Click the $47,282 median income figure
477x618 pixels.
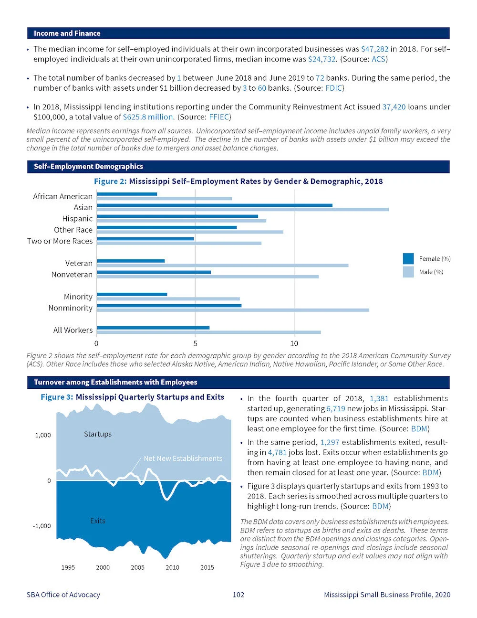[x=374, y=49]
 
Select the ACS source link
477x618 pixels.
[x=379, y=59]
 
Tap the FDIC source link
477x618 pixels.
[x=334, y=88]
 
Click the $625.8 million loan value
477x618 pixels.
[x=148, y=117]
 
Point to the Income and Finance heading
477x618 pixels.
[x=67, y=33]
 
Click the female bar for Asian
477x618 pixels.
[x=215, y=205]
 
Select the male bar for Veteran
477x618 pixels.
[x=223, y=265]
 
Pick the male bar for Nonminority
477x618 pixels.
[x=233, y=310]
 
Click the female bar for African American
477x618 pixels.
[x=127, y=194]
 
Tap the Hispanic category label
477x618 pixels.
[x=77, y=219]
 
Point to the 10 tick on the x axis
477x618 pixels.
[x=294, y=343]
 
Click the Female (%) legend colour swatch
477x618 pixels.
[x=408, y=258]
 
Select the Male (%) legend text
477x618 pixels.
[x=431, y=272]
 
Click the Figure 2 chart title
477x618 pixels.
[x=238, y=181]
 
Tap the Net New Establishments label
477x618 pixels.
[x=183, y=458]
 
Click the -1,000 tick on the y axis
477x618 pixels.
[x=41, y=526]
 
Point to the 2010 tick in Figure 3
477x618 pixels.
[x=172, y=567]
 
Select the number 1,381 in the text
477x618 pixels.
[x=379, y=398]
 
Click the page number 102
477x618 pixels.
[x=238, y=595]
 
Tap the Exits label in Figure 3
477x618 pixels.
[x=98, y=521]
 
